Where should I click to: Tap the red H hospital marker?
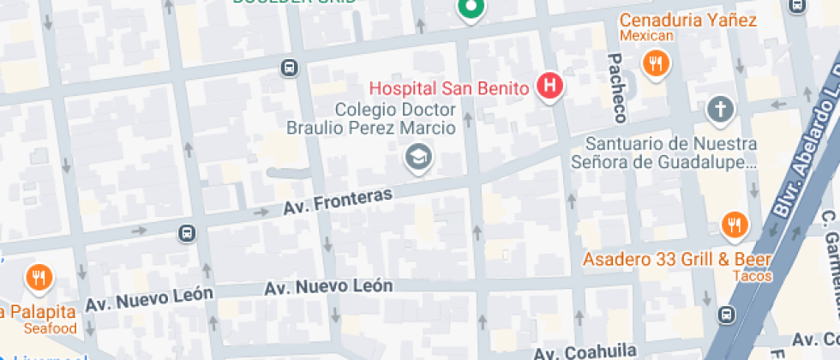pyautogui.click(x=549, y=86)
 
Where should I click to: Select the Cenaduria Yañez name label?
pyautogui.click(x=687, y=20)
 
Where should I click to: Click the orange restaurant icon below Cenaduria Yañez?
pyautogui.click(x=656, y=63)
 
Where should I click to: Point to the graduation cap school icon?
pyautogui.click(x=418, y=157)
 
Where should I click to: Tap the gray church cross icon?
pyautogui.click(x=720, y=110)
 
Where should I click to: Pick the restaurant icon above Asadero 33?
pyautogui.click(x=734, y=225)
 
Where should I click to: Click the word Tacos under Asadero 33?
pyautogui.click(x=754, y=276)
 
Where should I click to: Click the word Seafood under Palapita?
pyautogui.click(x=49, y=327)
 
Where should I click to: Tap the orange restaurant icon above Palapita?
pyautogui.click(x=39, y=278)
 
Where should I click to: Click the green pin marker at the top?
pyautogui.click(x=470, y=9)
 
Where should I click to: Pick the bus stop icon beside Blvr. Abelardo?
pyautogui.click(x=728, y=315)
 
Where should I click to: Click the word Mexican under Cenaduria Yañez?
pyautogui.click(x=646, y=36)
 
